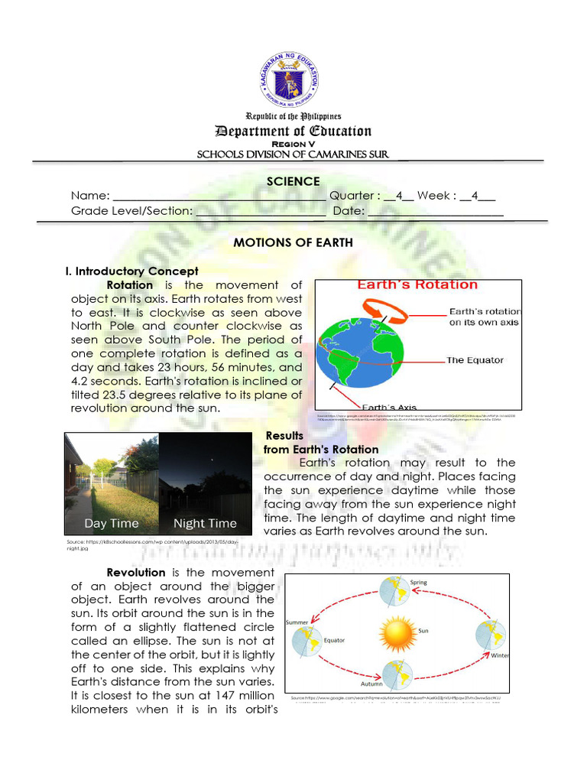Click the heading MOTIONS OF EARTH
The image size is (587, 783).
(293, 242)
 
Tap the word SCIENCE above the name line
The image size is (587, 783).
(293, 181)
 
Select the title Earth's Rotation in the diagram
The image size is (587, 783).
(417, 285)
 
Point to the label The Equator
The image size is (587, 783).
(475, 359)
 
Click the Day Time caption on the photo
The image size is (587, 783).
(112, 524)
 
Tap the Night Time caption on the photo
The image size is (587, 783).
(205, 524)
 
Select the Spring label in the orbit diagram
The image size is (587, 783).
(420, 583)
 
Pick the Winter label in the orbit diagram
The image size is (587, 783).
(500, 655)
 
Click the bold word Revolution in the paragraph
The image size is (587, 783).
(136, 572)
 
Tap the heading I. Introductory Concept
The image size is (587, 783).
(132, 271)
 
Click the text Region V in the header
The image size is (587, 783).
(293, 143)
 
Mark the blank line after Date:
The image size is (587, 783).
(436, 213)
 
